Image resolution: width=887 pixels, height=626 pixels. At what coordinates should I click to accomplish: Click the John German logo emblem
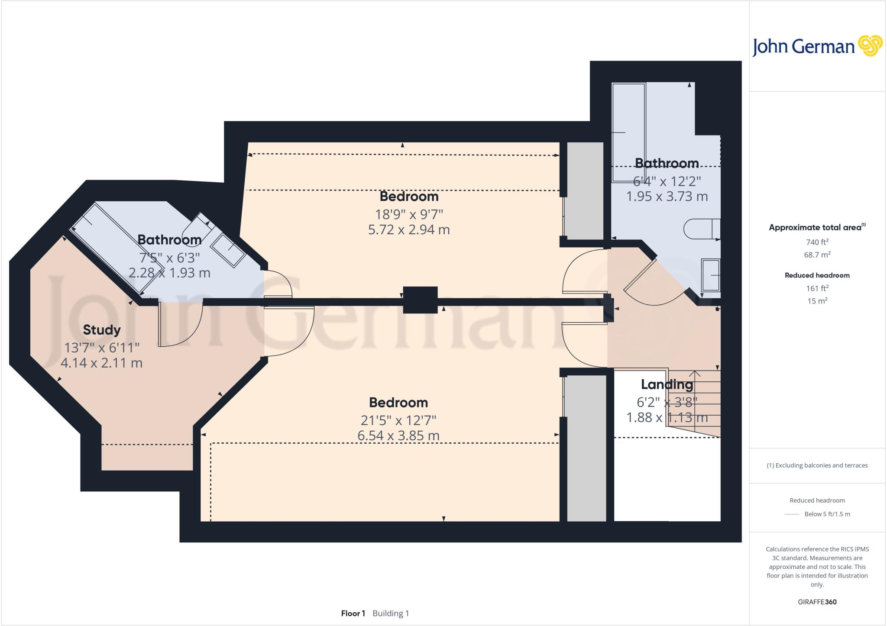point(870,46)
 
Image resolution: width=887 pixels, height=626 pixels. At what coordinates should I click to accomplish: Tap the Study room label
point(102,330)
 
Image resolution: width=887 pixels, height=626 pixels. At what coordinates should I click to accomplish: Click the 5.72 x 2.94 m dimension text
point(409,229)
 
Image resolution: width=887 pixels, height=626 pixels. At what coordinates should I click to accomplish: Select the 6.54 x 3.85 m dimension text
point(398,436)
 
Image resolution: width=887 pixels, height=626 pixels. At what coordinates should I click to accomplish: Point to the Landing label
point(667,384)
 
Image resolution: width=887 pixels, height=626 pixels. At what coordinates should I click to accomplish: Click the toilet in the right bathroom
point(701,229)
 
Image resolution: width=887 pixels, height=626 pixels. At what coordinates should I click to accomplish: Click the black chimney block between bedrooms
point(420,300)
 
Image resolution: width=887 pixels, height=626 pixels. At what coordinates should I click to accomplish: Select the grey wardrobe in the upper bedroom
point(585,190)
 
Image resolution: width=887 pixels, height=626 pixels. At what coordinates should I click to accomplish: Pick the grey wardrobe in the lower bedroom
point(586,448)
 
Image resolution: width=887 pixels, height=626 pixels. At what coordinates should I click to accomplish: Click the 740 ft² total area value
point(817,242)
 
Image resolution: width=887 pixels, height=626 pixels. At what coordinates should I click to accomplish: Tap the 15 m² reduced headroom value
point(817,301)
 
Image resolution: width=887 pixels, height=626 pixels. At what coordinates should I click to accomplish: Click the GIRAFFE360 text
point(817,602)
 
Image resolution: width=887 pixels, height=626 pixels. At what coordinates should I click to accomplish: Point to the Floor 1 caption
point(353,613)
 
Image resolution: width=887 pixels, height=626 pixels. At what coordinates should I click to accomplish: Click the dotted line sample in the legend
point(792,514)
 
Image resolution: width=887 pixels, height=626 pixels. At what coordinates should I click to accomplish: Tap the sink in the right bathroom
point(710,275)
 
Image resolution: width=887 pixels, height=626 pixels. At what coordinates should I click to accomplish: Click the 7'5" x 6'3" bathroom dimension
point(169,258)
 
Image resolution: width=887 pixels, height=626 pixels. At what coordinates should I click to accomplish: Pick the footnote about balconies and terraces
point(817,465)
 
